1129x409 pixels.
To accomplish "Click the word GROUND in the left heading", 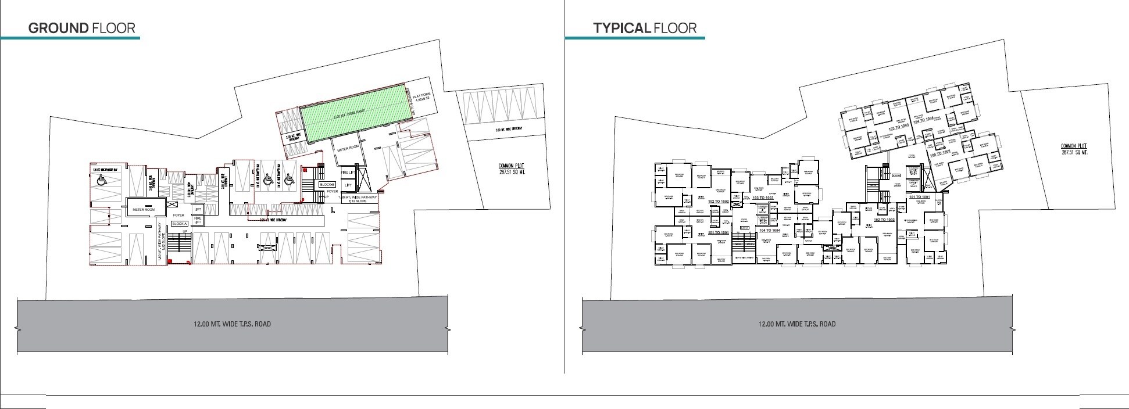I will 58,28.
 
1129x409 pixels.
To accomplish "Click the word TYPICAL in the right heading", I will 620,28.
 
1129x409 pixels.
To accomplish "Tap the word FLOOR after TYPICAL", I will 674,28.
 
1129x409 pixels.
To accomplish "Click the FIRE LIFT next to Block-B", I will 347,173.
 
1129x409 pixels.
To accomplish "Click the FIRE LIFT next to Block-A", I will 197,220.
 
